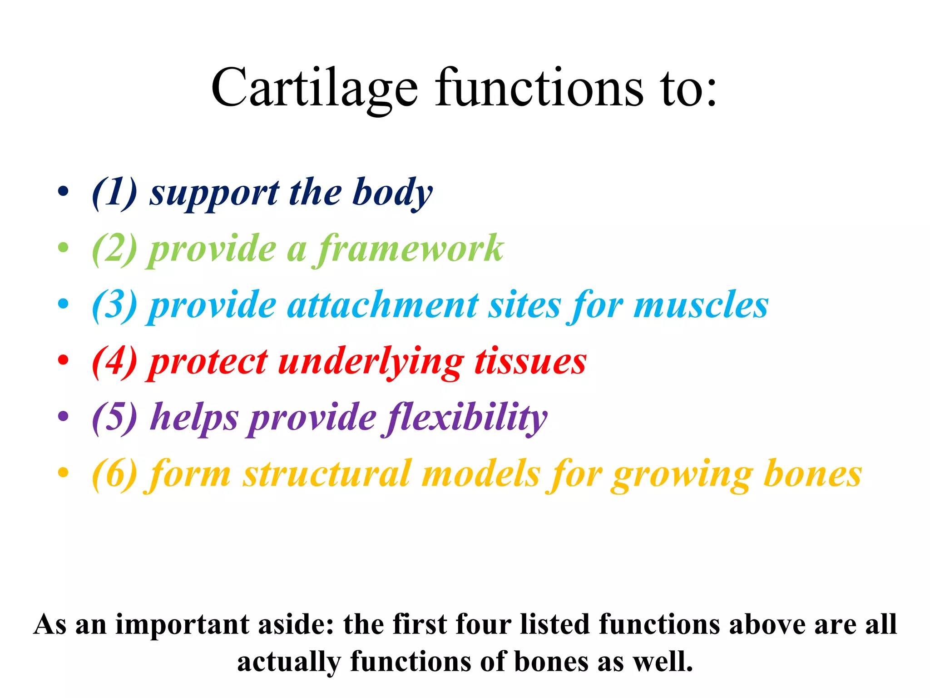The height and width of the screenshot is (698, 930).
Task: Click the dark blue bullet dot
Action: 64,191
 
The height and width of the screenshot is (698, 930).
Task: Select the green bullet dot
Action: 64,248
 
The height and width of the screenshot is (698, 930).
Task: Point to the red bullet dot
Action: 64,360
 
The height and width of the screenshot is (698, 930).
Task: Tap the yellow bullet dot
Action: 64,473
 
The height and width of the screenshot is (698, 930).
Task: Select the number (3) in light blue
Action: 114,305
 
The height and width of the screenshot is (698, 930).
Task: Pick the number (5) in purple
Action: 114,417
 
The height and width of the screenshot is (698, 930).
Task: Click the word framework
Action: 409,249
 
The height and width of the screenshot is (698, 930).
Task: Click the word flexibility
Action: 465,417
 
